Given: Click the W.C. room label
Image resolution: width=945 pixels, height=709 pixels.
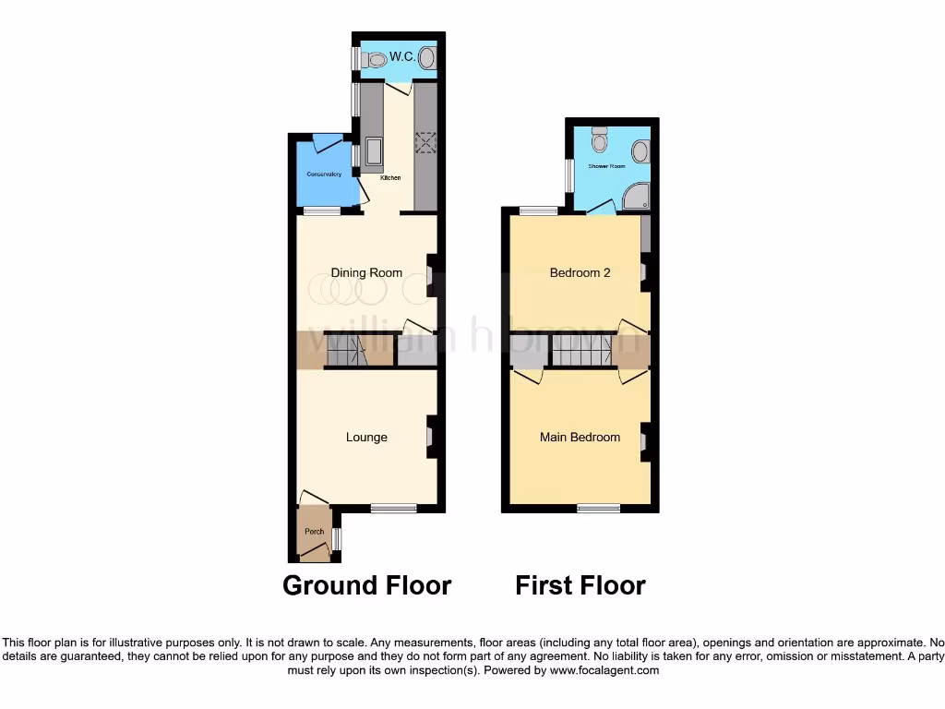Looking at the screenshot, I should (x=401, y=57).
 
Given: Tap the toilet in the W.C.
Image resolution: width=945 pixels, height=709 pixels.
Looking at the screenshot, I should (x=374, y=59).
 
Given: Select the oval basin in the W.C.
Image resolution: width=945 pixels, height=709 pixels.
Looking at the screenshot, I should (x=427, y=58).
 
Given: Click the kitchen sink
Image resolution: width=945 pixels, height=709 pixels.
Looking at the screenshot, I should (x=373, y=151).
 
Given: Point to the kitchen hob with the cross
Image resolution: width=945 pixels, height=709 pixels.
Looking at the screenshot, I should (x=425, y=142).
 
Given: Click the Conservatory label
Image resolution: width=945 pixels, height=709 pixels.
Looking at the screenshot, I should (x=324, y=174).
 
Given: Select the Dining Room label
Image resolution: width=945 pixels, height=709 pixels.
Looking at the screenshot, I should (x=366, y=272).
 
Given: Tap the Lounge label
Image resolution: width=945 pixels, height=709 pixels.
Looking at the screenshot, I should (x=366, y=437).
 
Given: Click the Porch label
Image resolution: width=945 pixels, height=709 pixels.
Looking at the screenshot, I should (x=314, y=531).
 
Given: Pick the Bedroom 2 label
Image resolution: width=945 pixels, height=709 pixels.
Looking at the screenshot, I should (x=580, y=272).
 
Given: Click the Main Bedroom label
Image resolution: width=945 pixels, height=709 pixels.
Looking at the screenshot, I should (x=580, y=437).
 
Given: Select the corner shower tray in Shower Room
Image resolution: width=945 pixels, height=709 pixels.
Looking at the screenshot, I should (x=636, y=195).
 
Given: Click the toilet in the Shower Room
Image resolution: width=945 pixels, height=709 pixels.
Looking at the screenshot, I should (x=600, y=140).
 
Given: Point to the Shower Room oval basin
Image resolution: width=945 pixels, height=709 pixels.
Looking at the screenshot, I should (x=640, y=151).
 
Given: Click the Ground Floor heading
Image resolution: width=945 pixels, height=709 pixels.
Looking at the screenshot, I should (x=366, y=585).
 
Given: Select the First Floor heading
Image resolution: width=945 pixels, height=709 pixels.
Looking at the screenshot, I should (x=580, y=585).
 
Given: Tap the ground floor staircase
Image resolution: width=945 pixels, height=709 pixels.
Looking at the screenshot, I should (x=346, y=351).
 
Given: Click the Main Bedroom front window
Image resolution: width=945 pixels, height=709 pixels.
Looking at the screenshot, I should (x=599, y=508).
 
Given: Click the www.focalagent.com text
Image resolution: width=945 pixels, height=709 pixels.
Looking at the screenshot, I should (x=604, y=671).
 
